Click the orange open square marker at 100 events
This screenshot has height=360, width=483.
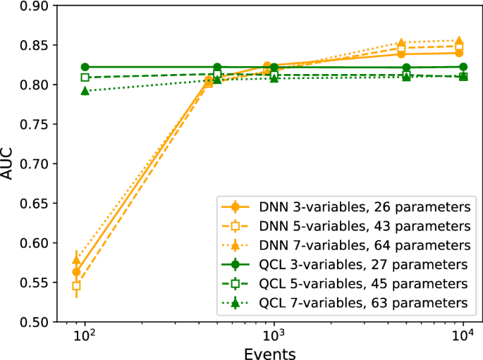[76, 286]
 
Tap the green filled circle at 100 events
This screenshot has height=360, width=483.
[85, 67]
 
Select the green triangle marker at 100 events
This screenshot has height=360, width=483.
[85, 91]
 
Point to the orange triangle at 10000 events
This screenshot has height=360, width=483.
[459, 41]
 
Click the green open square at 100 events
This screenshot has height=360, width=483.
[85, 77]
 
